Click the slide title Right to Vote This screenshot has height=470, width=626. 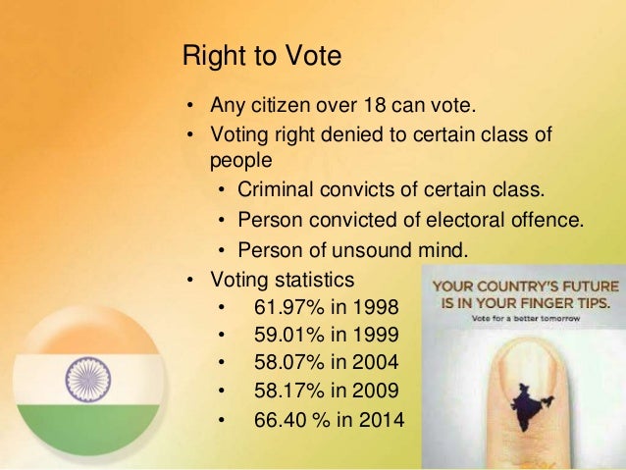click(x=262, y=57)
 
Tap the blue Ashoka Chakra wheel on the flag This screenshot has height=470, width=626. click(x=88, y=378)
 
